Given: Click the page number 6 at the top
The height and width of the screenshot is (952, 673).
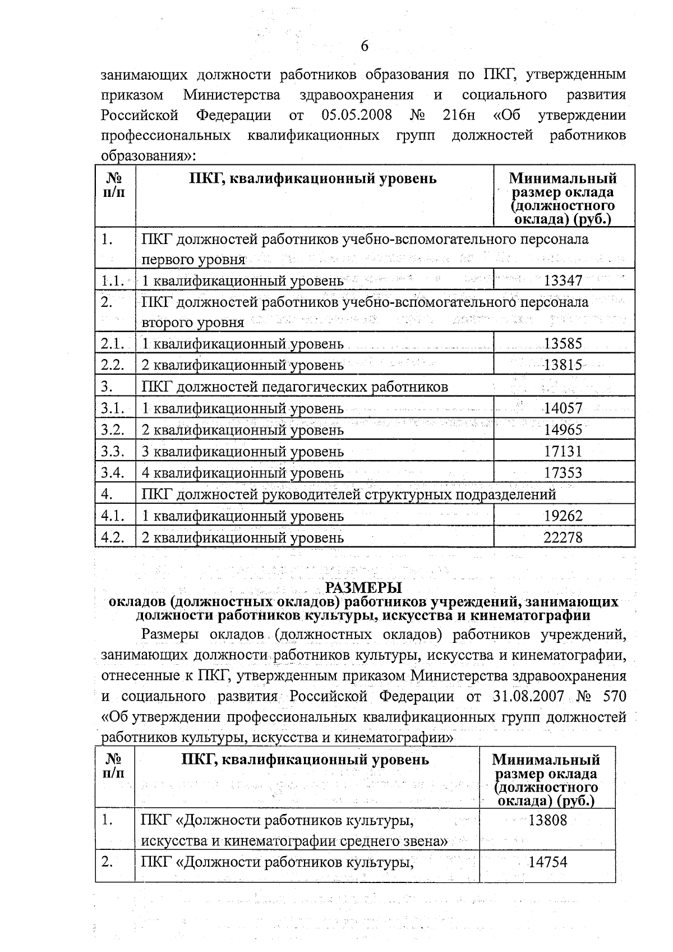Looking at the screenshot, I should pos(365,47).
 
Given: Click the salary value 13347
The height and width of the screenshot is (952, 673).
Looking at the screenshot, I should pos(564,280).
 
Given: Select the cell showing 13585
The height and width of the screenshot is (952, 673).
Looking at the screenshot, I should pos(564,343).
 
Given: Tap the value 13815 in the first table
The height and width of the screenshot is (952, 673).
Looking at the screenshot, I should pos(564,365).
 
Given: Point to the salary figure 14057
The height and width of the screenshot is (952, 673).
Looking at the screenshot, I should pos(564,408).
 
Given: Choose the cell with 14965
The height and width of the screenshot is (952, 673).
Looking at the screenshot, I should pos(564,430).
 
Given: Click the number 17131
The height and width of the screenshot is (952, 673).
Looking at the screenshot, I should pos(564,452).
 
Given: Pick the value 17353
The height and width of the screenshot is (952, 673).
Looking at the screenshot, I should pos(564,473).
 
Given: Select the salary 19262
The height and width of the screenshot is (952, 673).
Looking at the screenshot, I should pos(564,516).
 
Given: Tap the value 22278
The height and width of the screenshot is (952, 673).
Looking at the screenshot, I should pos(564,537).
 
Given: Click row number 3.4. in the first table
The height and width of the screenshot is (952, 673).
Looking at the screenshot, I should pos(113,472).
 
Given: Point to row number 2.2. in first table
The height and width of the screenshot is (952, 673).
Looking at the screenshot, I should pos(113,365).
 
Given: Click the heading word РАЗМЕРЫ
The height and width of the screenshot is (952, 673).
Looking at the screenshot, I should pos(364,588).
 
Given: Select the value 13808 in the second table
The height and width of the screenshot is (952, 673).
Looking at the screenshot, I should pos(548,820).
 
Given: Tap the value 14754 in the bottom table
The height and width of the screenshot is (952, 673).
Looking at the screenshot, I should pos(548,862).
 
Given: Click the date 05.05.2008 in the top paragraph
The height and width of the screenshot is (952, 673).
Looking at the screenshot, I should pos(357,116).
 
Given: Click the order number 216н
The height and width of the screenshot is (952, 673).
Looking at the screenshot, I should pos(458,116).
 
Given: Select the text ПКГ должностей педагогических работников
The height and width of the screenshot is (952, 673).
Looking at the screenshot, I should pos(294,387).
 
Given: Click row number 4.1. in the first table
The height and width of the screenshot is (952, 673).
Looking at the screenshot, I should pos(113,516).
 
